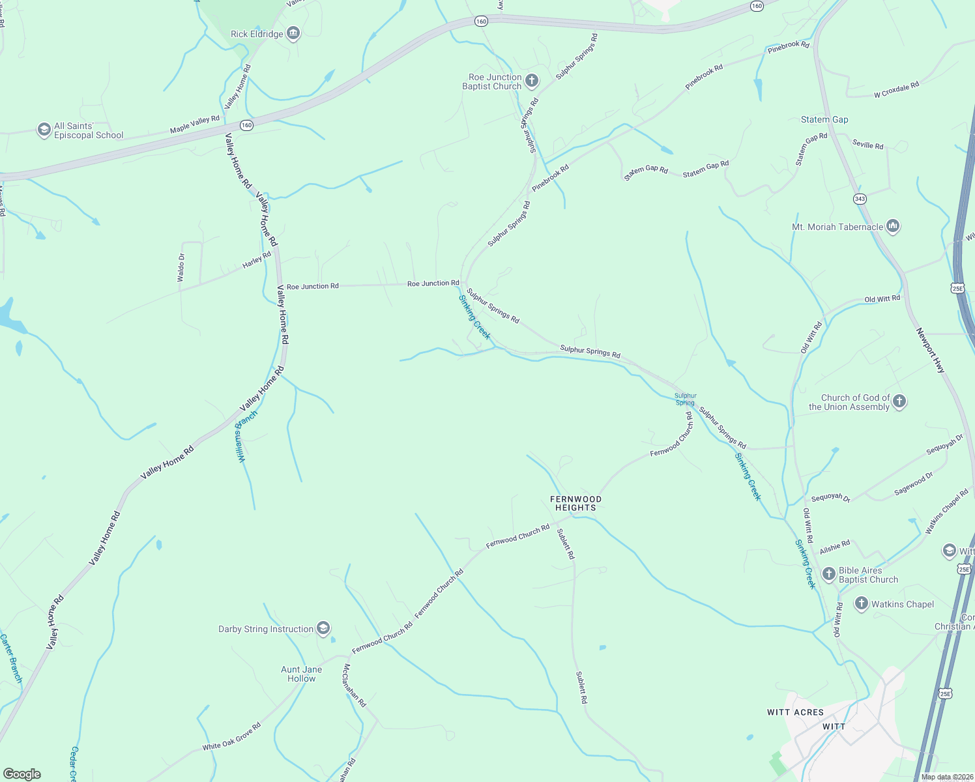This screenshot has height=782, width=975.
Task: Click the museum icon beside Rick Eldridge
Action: click(293, 34)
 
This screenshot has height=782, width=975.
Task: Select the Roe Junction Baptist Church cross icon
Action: click(532, 81)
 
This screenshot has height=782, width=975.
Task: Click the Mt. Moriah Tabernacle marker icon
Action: click(893, 227)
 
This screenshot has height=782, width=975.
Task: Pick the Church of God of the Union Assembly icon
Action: click(899, 401)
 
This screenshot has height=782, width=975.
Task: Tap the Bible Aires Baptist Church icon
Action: click(828, 574)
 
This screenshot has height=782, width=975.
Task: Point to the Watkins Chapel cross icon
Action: click(861, 604)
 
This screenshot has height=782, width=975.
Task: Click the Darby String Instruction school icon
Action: click(323, 629)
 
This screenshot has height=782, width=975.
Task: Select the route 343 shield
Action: click(860, 198)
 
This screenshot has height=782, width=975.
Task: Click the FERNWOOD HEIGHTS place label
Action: click(575, 503)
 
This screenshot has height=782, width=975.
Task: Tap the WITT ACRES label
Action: click(795, 712)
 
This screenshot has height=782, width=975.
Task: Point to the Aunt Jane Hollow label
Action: click(301, 674)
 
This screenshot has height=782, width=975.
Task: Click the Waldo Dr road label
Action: click(181, 268)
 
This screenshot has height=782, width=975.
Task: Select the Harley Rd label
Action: click(257, 260)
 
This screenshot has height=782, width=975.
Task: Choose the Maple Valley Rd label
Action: click(195, 124)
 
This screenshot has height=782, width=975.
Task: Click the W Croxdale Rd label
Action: click(896, 90)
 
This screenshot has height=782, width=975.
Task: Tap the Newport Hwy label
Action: click(930, 351)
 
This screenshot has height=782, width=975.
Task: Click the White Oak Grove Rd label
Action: click(231, 736)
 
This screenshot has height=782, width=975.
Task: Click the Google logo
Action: click(22, 774)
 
